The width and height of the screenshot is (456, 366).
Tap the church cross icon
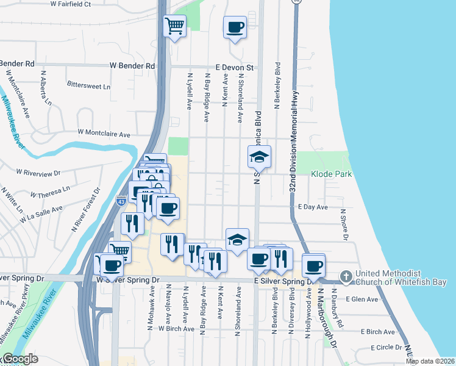point(346,277)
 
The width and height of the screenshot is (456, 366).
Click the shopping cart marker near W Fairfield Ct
point(175,26)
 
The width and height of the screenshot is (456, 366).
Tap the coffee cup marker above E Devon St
point(235,27)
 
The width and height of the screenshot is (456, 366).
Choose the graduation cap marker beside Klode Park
point(260,158)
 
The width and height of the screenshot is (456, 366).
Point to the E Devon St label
point(234,67)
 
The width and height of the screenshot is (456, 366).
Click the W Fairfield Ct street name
point(71,4)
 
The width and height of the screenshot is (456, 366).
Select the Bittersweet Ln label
point(89,87)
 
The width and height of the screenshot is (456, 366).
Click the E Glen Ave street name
point(362,299)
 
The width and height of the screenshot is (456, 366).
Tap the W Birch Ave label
point(176,328)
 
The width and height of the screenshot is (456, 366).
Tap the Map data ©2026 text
point(430,361)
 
